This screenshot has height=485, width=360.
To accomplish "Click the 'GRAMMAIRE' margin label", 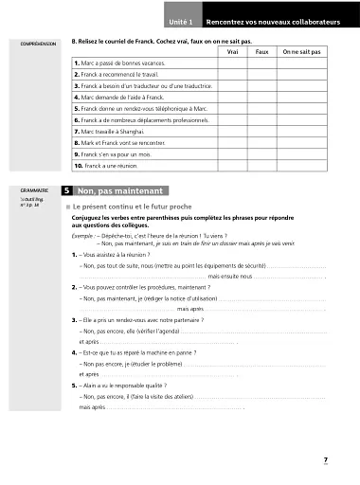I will [32, 189].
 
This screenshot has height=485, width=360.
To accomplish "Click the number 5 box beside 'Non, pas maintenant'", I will [66, 191].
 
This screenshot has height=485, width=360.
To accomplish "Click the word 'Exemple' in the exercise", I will [82, 236].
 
